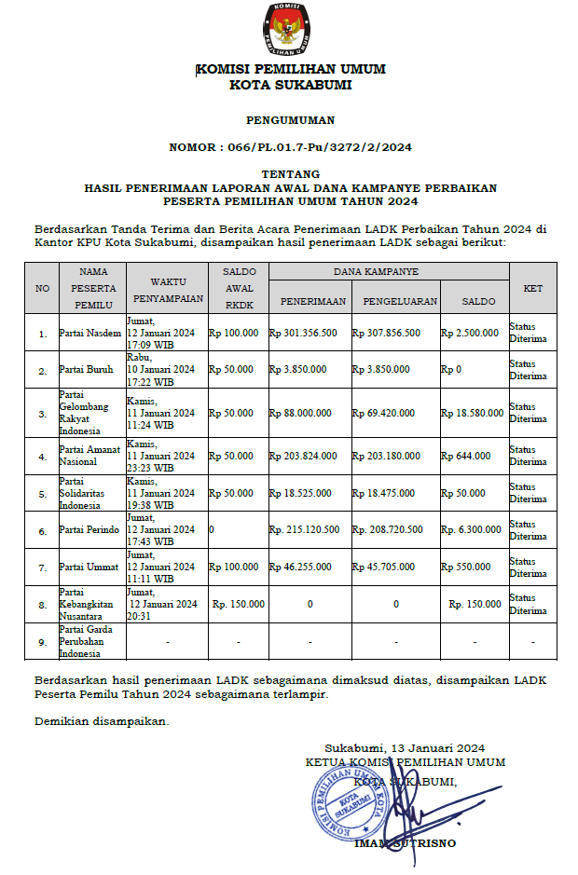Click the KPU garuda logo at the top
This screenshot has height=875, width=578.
[x=289, y=28]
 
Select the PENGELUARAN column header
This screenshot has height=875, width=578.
[x=394, y=301]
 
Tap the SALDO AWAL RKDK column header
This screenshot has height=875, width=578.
[x=239, y=288]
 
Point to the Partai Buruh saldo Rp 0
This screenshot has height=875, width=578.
[x=454, y=369]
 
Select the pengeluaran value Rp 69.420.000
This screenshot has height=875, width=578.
[x=387, y=412]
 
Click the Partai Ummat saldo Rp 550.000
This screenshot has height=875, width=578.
[x=466, y=567]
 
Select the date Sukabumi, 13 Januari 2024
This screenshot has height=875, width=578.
[x=405, y=748]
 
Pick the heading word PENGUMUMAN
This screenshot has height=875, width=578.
[x=290, y=120]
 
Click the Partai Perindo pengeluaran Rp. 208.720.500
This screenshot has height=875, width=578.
[x=388, y=530]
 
